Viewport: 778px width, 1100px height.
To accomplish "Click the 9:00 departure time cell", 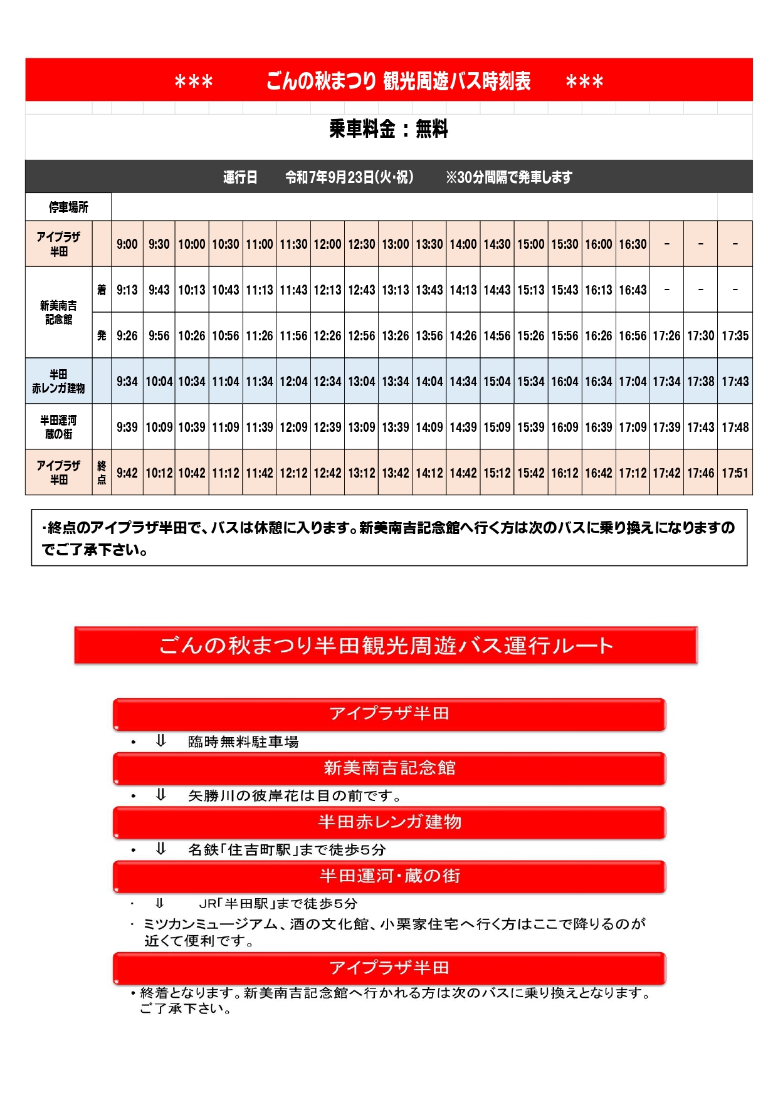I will (127, 244).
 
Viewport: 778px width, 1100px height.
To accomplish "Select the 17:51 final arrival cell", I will (735, 473).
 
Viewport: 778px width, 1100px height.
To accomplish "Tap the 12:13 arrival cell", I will (327, 290).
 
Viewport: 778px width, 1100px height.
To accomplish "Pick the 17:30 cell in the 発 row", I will (700, 335).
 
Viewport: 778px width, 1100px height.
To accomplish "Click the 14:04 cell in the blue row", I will (429, 381).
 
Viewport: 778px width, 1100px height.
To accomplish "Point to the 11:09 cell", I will (226, 427).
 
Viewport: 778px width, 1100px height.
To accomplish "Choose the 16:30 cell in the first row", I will (633, 244).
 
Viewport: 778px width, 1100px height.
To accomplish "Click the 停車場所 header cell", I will (68, 207).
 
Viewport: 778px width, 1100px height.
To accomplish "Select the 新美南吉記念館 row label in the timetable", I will (58, 312).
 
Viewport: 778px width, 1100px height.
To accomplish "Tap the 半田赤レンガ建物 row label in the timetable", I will (58, 381).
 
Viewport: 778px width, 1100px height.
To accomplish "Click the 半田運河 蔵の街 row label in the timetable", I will (58, 427).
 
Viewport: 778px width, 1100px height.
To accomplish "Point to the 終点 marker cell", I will (102, 473).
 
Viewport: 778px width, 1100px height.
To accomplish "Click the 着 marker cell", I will (102, 290).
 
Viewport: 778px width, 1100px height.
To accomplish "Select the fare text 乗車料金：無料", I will (389, 129).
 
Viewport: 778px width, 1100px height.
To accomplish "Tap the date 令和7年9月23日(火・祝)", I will (349, 177).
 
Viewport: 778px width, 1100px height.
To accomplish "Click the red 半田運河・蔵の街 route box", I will (389, 876).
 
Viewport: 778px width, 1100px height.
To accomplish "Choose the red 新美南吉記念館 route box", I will (389, 768).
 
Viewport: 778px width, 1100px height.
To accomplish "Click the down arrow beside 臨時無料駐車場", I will (160, 741).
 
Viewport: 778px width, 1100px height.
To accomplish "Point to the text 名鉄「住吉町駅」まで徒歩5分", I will (287, 849).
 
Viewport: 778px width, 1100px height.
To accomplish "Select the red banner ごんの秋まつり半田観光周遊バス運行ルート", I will (386, 645).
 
